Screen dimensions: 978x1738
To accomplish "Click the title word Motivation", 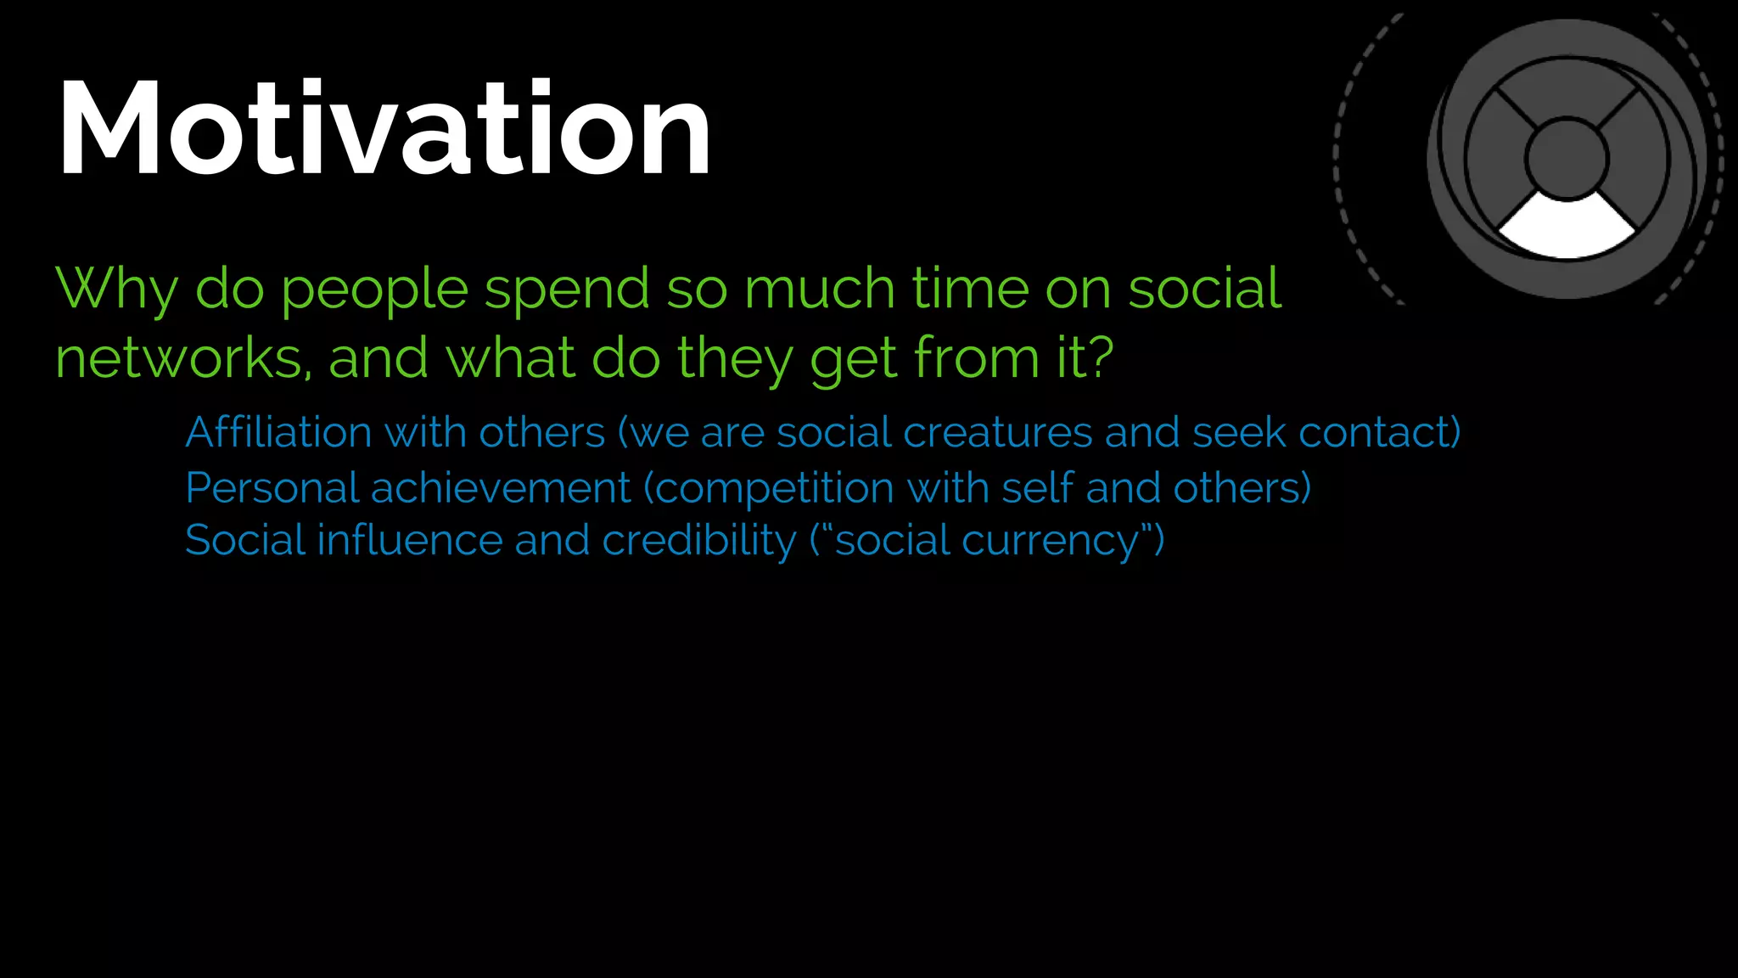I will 384,129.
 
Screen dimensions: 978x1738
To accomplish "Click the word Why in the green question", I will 116,289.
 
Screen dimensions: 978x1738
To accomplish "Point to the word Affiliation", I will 278,432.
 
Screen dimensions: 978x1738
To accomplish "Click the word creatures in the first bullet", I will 997,433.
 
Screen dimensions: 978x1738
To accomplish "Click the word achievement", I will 501,488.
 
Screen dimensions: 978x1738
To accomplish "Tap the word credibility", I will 698,541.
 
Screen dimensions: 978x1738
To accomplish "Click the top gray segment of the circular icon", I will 1567,89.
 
